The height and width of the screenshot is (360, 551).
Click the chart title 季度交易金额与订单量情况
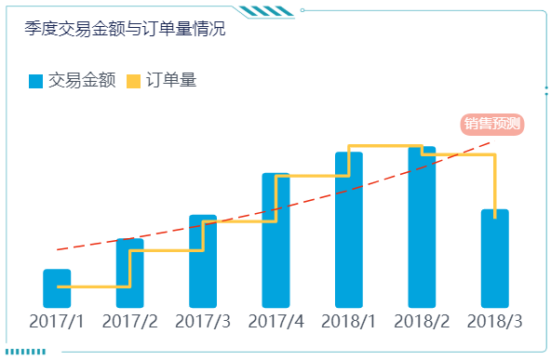click(125, 30)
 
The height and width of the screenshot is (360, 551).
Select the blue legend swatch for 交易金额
click(36, 82)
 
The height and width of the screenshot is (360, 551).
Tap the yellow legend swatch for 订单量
click(133, 82)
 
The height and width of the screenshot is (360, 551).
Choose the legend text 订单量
click(171, 82)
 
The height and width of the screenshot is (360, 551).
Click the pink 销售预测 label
click(492, 124)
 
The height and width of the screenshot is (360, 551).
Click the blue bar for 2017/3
click(203, 262)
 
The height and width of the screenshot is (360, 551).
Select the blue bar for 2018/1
click(348, 230)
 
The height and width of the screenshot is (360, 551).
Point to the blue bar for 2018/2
click(422, 227)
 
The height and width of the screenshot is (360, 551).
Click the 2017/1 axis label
click(57, 322)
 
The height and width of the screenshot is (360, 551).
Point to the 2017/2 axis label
click(129, 322)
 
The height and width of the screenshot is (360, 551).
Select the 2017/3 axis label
click(203, 322)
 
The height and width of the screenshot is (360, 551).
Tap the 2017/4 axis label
click(275, 322)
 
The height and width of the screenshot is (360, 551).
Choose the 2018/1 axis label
click(348, 322)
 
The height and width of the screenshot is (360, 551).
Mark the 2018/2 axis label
click(422, 322)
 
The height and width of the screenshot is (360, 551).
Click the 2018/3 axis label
click(494, 322)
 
